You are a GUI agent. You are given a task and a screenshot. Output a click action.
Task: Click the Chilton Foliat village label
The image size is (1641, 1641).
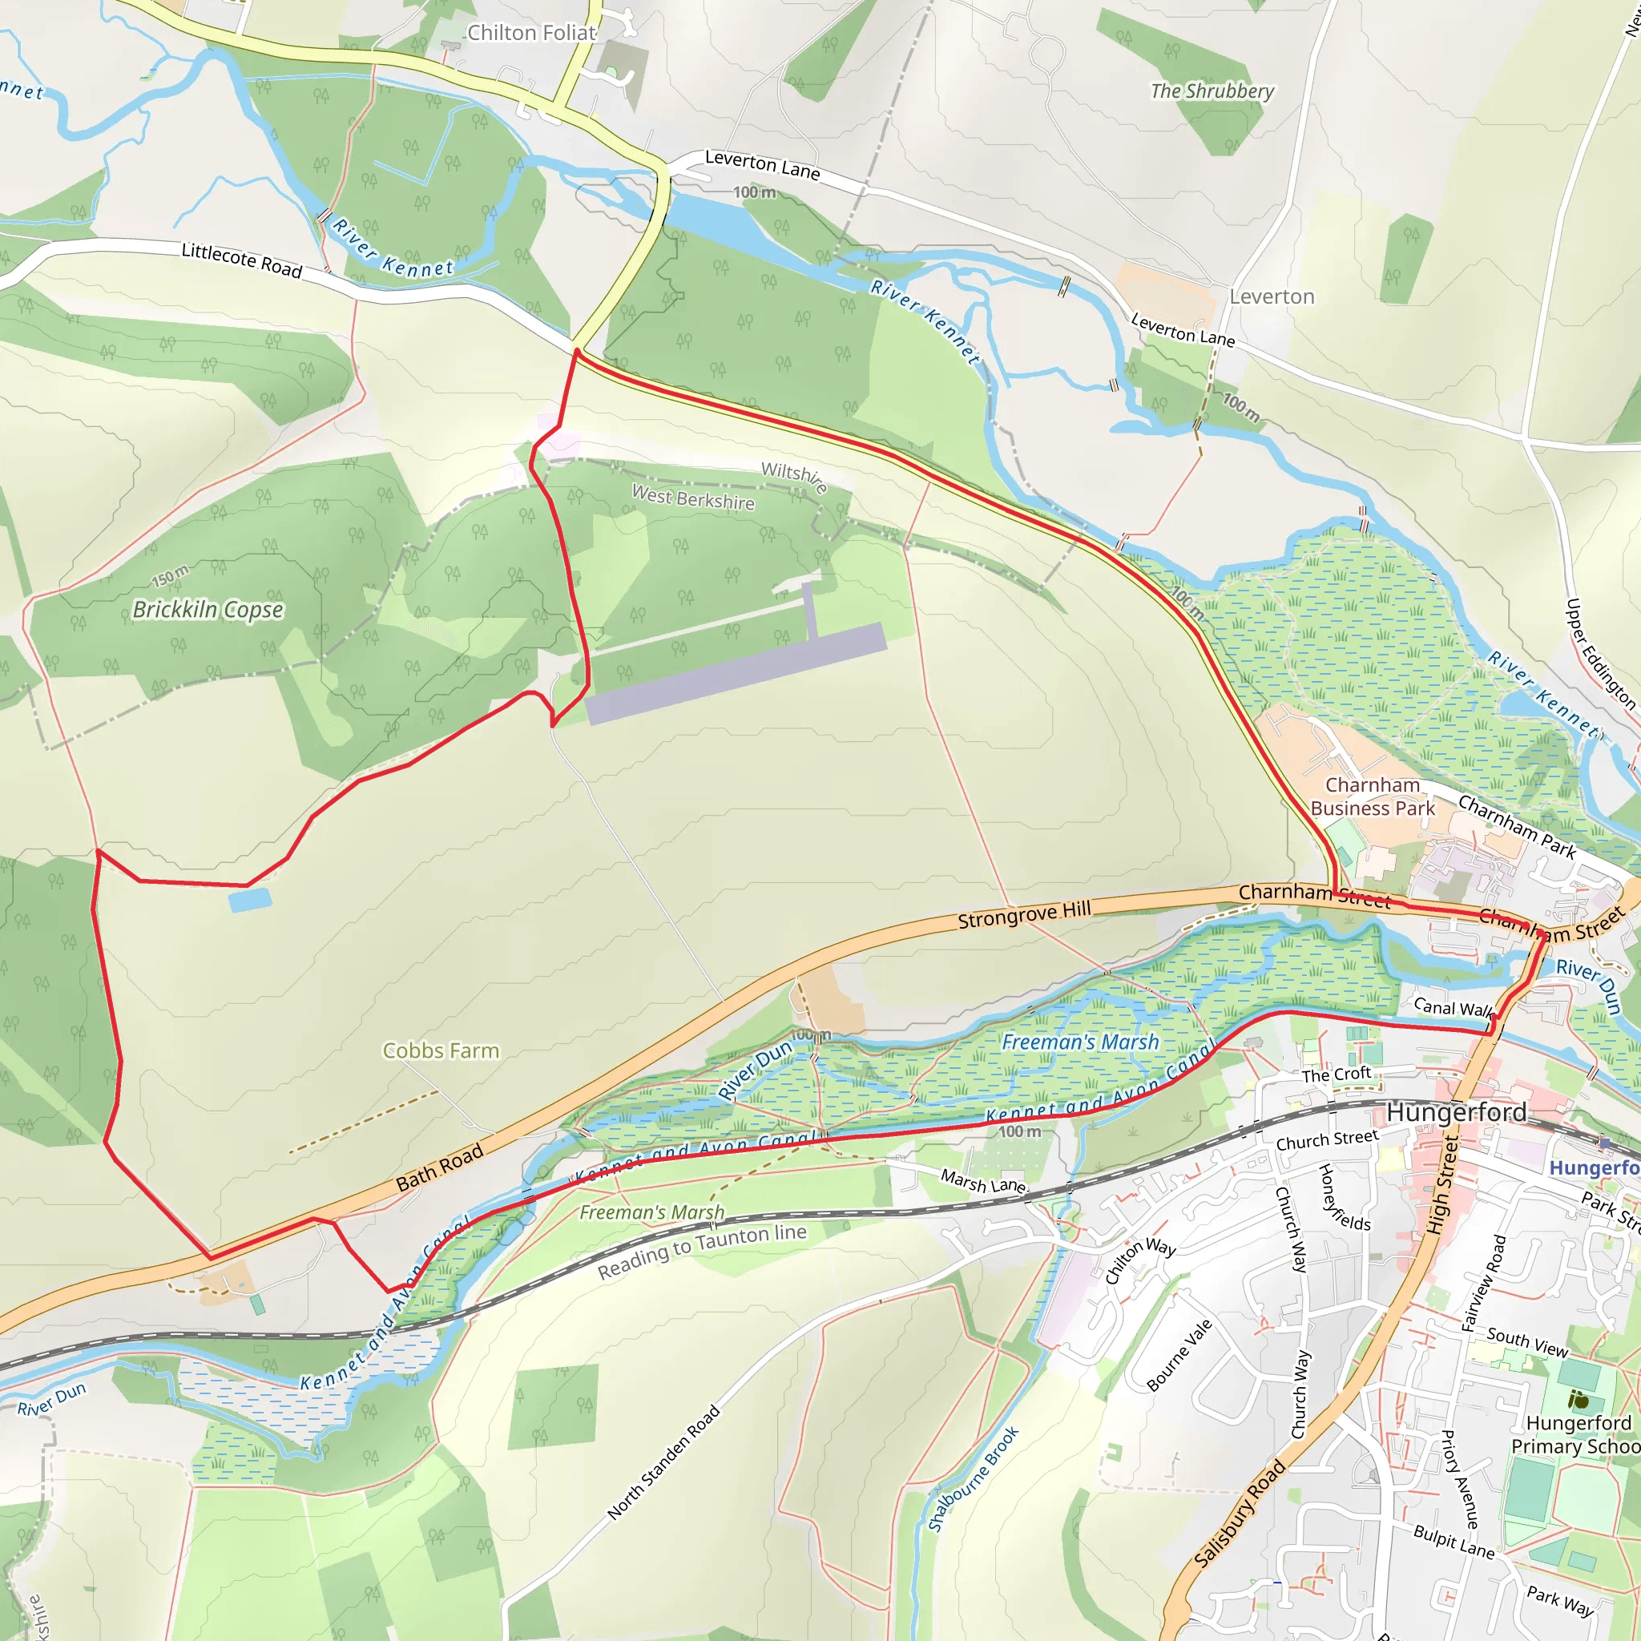coord(532,33)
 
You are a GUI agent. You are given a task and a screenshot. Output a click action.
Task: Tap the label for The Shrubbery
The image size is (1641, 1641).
coord(1212,91)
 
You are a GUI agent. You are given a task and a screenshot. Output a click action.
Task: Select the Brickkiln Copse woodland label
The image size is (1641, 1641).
coord(208,610)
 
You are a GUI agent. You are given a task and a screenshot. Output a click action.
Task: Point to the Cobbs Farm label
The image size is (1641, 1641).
coord(441,1050)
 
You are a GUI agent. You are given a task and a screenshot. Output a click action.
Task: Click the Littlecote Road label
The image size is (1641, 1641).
coord(242,260)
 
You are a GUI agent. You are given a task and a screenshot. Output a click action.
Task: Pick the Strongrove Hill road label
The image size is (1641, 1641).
coord(1024,915)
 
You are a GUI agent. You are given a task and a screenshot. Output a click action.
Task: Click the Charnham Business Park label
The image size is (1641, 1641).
coord(1373,796)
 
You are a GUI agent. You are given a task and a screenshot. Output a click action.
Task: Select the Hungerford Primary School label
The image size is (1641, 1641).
coord(1577,1434)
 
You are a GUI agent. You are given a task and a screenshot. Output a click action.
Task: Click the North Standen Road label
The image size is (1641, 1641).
coord(664,1462)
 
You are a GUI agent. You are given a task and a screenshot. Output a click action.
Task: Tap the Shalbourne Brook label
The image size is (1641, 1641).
coord(974,1480)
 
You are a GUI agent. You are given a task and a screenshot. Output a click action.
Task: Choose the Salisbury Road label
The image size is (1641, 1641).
coord(1240,1514)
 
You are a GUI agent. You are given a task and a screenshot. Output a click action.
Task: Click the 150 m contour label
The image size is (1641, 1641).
coord(171,576)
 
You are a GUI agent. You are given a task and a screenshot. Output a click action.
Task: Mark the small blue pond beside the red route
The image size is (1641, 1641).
coord(250,900)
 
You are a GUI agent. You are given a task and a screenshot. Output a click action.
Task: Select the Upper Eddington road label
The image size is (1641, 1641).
coord(1600,654)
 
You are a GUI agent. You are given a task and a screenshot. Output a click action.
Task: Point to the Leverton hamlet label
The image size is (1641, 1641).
coord(1272,296)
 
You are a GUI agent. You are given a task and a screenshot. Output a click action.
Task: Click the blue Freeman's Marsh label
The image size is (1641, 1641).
coord(1080,1042)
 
